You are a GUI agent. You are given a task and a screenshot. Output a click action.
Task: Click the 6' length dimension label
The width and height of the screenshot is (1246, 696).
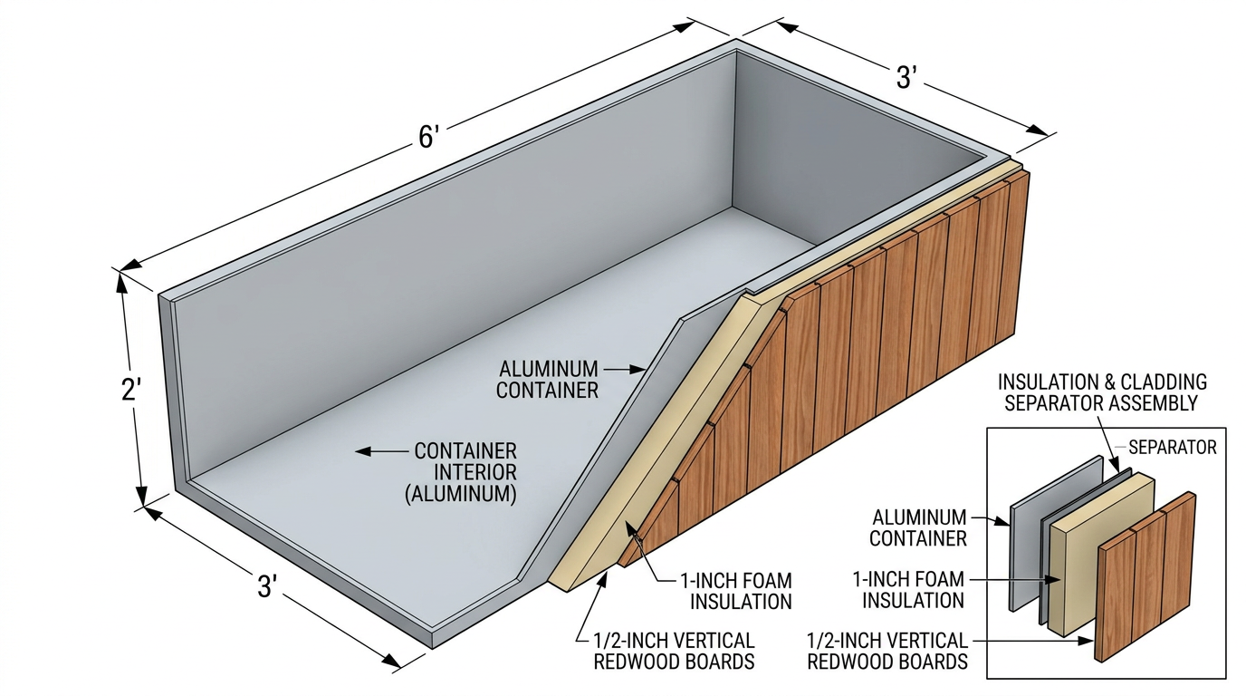tap(428, 138)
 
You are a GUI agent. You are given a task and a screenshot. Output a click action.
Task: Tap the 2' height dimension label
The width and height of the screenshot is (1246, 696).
tap(132, 390)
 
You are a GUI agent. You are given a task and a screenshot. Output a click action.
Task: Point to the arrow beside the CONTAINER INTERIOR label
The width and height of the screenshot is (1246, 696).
tap(379, 450)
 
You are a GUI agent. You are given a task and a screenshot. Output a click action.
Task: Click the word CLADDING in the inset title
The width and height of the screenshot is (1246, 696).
tap(1155, 382)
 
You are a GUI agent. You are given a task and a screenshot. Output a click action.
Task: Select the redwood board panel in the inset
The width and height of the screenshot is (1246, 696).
tap(1145, 575)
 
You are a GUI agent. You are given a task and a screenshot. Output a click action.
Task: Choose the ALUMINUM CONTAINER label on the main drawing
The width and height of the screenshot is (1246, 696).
tap(549, 380)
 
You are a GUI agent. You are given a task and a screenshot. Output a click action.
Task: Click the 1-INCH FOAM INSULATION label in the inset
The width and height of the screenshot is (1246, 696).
tap(913, 589)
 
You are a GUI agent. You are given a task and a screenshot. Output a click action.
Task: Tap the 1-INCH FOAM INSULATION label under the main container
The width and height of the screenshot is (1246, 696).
tap(741, 590)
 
